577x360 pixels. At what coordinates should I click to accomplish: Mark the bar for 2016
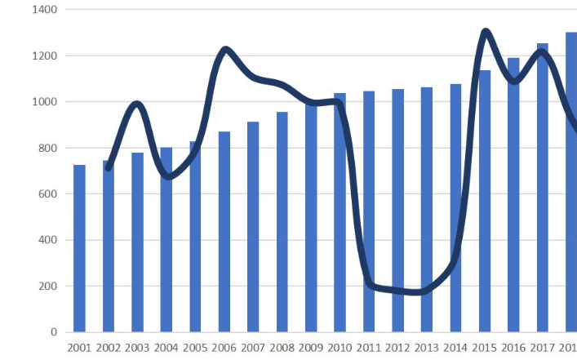point(513,195)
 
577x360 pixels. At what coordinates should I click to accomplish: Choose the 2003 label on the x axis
point(137,348)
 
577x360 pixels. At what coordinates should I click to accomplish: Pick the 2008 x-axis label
point(282,348)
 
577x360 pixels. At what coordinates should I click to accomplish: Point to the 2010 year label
point(340,348)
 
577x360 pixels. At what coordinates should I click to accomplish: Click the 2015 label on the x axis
point(485,348)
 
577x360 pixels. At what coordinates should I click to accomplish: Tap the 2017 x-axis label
point(542,348)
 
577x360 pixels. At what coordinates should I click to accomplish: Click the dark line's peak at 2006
point(225,51)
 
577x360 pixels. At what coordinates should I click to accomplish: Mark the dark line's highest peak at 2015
point(486,32)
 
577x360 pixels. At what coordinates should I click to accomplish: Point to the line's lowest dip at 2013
point(421,291)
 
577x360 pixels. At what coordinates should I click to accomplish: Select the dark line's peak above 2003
point(136,104)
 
